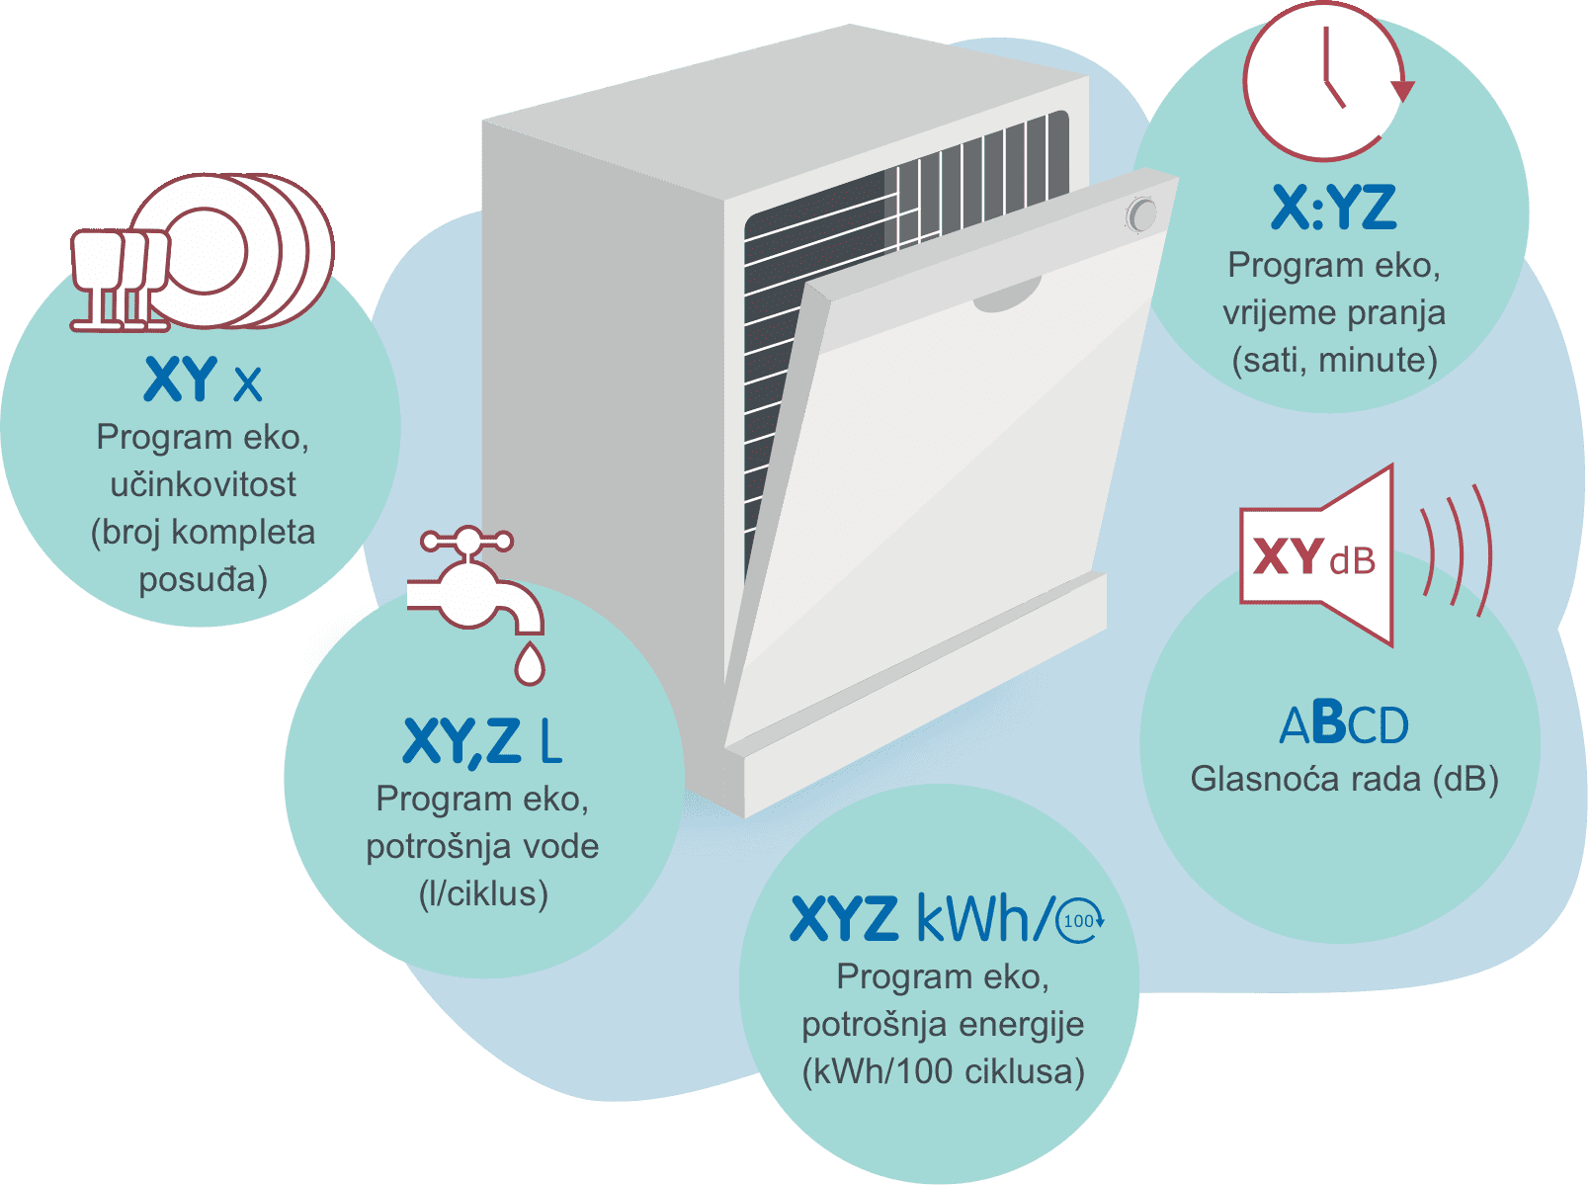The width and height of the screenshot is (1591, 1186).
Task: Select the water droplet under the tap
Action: [x=529, y=662]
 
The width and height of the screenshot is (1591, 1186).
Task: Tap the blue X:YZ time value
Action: [x=1334, y=208]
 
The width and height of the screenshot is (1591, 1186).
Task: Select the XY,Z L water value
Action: [x=482, y=741]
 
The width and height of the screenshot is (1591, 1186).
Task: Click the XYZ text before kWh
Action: [x=844, y=918]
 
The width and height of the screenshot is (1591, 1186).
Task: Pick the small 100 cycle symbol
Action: [x=1080, y=921]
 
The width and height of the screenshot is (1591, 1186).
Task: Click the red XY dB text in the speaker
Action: [x=1313, y=557]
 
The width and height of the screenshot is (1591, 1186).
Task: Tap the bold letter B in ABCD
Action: [x=1328, y=722]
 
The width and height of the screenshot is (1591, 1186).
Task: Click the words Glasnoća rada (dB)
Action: [x=1345, y=780]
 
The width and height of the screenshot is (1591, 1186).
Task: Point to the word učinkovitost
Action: [x=203, y=484]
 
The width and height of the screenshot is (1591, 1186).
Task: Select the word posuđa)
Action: [x=203, y=579]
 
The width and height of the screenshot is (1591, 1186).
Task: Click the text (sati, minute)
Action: [x=1334, y=360]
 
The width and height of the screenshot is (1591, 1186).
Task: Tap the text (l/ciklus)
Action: [x=483, y=893]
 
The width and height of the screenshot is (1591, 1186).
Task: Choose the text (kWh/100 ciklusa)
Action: [x=943, y=1071]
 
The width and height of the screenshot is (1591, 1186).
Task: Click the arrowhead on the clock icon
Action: [x=1403, y=91]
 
